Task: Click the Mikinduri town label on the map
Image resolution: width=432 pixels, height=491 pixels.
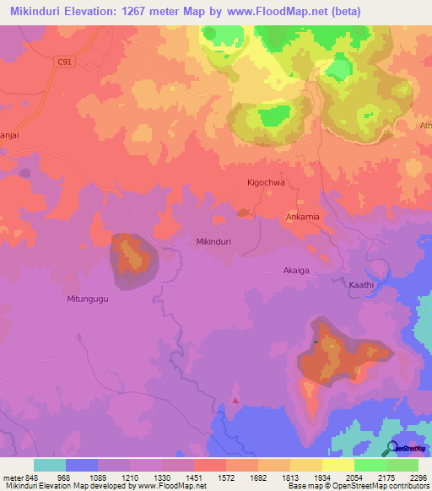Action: pos(213,241)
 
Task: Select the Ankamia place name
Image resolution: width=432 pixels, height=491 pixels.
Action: pos(302,217)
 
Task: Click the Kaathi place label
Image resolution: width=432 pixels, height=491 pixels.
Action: pos(361,286)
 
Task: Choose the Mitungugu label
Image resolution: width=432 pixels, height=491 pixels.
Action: pos(89,299)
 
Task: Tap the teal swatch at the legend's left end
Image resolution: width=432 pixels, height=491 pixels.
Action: pos(50,465)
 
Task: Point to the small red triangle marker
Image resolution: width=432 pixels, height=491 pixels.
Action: pos(235,400)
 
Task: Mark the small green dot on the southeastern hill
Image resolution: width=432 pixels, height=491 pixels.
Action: pos(316,342)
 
